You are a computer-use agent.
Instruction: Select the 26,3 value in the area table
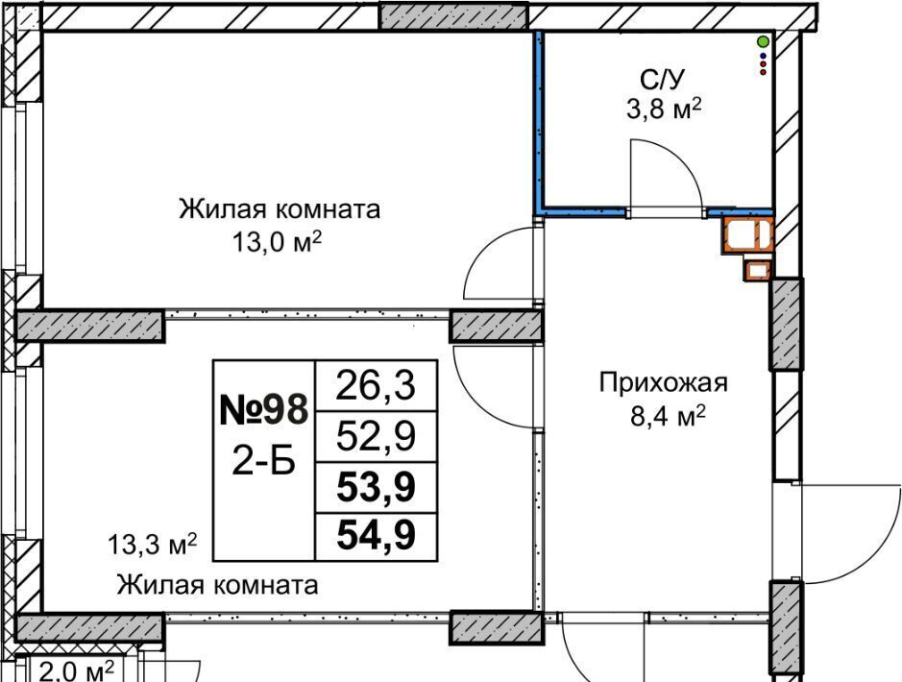375,386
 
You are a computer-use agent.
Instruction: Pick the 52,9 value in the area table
375,437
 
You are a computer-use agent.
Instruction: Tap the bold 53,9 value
375,489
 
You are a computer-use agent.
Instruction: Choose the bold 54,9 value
375,536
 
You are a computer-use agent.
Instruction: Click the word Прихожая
664,383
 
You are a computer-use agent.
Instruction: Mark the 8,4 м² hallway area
664,415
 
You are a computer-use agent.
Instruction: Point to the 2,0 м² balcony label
77,670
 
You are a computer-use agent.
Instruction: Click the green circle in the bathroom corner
763,41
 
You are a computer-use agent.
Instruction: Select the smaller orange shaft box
757,270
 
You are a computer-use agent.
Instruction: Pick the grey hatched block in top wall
452,14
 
